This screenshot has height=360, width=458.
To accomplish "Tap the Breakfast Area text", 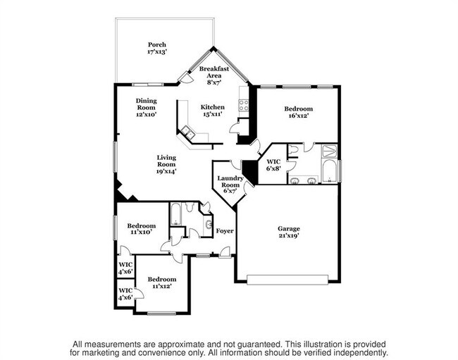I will [x=213, y=74].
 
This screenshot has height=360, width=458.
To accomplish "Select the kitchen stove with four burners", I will [x=245, y=105].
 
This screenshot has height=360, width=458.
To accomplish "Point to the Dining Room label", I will [x=146, y=106].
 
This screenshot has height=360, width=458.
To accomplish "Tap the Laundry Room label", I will [x=230, y=184].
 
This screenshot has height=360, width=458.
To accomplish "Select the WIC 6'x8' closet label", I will [x=273, y=165].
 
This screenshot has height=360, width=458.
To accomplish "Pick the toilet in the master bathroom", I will [x=292, y=149].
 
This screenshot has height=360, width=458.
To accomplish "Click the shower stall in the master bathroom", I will [x=329, y=150].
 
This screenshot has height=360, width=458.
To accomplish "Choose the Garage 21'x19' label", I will [x=288, y=233].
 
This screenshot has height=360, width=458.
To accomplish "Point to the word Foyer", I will [x=225, y=231].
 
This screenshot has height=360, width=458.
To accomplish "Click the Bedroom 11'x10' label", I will [x=141, y=229].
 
